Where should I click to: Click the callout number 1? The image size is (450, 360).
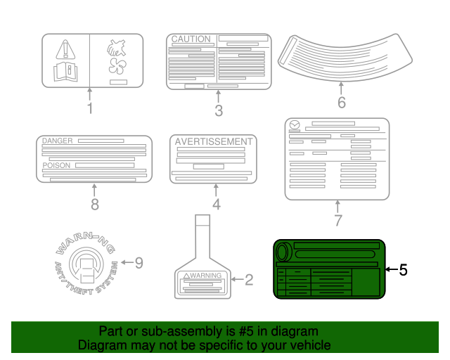click(x=90, y=108)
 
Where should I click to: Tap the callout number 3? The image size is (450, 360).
click(x=219, y=110)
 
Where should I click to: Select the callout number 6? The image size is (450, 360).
click(x=342, y=103)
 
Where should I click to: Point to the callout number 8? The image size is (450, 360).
click(x=95, y=205)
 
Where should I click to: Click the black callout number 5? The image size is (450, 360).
click(x=403, y=270)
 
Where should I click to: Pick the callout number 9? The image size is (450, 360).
click(x=139, y=263)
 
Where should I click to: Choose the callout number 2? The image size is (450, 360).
click(x=249, y=280)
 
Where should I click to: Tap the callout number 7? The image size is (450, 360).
click(x=338, y=220)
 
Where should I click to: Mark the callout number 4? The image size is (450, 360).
click(x=217, y=204)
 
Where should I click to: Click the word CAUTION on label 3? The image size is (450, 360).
click(x=191, y=39)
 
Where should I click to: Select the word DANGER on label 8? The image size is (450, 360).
click(x=58, y=141)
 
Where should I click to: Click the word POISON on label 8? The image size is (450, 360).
click(x=56, y=165)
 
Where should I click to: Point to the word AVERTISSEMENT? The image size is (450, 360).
click(x=214, y=141)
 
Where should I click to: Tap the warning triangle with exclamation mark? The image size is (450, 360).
click(x=65, y=49)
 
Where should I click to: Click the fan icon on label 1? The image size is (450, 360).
click(x=117, y=66)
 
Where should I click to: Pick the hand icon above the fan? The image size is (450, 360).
click(x=117, y=48)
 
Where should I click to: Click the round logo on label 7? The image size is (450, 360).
click(x=295, y=125)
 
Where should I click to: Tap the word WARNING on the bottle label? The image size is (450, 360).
click(x=206, y=276)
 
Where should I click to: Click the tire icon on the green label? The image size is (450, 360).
click(x=283, y=252)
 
